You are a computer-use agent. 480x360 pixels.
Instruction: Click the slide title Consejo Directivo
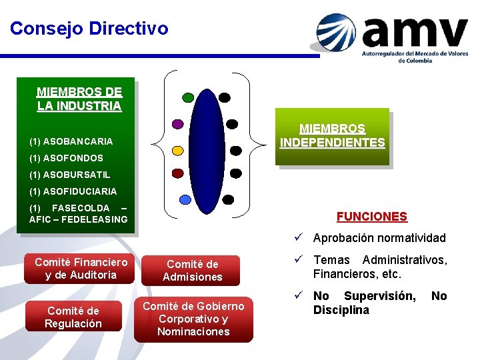tap(89, 29)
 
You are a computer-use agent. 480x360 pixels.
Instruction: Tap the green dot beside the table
tap(188, 97)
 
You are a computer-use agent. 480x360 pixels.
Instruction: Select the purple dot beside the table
tap(177, 123)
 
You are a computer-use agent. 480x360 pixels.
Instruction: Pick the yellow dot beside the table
tap(177, 150)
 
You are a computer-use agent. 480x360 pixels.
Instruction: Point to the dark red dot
tap(177, 173)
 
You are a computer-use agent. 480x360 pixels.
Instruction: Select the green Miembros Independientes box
tap(332, 136)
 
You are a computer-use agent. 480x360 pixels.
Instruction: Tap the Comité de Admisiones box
tap(193, 271)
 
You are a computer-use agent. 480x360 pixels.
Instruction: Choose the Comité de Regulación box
tap(73, 317)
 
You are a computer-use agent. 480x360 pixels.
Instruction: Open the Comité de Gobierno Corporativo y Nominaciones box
tap(193, 319)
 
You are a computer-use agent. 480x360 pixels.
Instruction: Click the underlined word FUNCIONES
tap(371, 217)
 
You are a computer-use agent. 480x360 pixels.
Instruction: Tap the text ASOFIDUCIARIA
tap(79, 191)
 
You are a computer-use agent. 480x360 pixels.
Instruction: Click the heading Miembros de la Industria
tap(79, 99)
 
